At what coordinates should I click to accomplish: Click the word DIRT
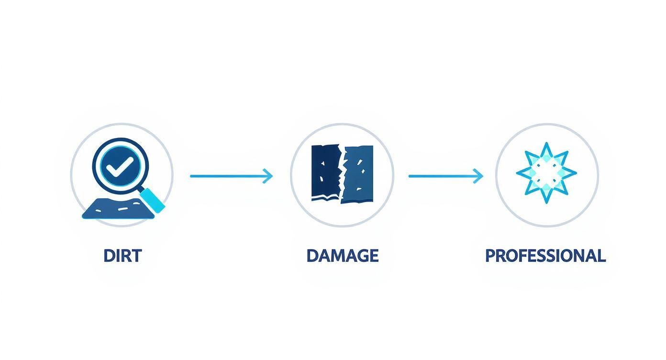coord(122,256)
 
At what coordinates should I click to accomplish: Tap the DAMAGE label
coord(343,256)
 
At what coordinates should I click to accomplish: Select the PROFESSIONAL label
coord(545,256)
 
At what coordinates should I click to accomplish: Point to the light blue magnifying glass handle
coord(153,200)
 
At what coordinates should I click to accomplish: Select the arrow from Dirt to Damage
coord(231,176)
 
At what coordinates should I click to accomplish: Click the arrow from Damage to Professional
coord(446,176)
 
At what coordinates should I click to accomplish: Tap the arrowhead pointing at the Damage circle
coord(268,176)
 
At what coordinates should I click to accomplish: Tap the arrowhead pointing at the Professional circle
coord(479,176)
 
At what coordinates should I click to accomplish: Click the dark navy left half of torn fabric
coord(325,172)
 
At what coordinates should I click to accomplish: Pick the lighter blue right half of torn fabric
coord(358,174)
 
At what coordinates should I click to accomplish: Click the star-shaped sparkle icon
coord(546,173)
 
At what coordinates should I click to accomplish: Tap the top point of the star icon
coord(546,143)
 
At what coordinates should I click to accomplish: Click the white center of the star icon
coord(546,173)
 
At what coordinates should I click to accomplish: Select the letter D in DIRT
coord(109,256)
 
